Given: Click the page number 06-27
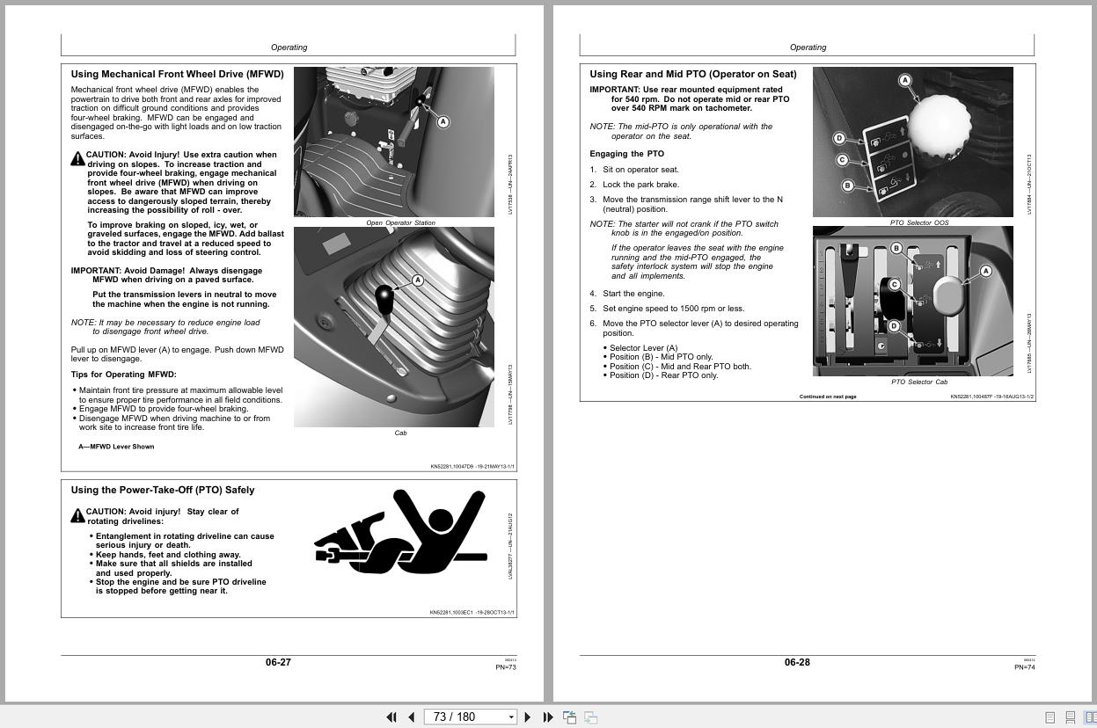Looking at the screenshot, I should point(278,662).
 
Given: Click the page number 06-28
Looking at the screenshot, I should point(797,662).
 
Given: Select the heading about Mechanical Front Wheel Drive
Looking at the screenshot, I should point(177,75).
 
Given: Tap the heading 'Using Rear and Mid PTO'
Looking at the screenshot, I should point(692,75).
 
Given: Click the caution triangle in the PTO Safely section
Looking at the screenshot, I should point(77,515).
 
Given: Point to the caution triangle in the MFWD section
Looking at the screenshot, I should point(77,158).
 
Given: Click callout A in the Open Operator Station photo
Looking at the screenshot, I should point(442,122).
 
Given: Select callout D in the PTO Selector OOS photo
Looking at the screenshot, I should point(839,138).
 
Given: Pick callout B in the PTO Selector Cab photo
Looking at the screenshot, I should point(896,248).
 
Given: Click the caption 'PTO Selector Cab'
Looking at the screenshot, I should point(918,382).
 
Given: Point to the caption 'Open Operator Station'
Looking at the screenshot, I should point(400,223).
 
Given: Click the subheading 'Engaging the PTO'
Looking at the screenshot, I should point(626,154).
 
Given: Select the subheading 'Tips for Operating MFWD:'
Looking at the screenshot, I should point(123,375).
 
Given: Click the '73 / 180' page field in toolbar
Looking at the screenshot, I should point(466,717).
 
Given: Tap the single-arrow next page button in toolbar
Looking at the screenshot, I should point(528,717).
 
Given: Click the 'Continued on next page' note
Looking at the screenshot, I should point(827,397).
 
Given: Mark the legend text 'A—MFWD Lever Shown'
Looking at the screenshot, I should point(116,447).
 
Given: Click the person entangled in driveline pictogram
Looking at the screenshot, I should point(400,532).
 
